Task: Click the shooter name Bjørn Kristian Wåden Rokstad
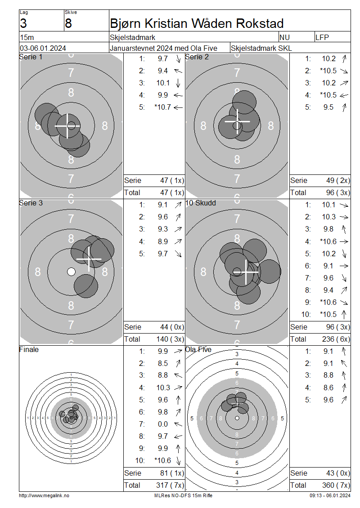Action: point(197,24)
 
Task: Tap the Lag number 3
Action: point(23,24)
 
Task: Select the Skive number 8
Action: point(68,24)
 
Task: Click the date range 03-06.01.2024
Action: point(43,48)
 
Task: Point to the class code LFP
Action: point(322,37)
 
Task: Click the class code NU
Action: point(284,37)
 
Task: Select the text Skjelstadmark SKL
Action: point(261,48)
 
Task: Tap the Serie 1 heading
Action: point(31,57)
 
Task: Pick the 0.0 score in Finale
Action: point(163,424)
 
